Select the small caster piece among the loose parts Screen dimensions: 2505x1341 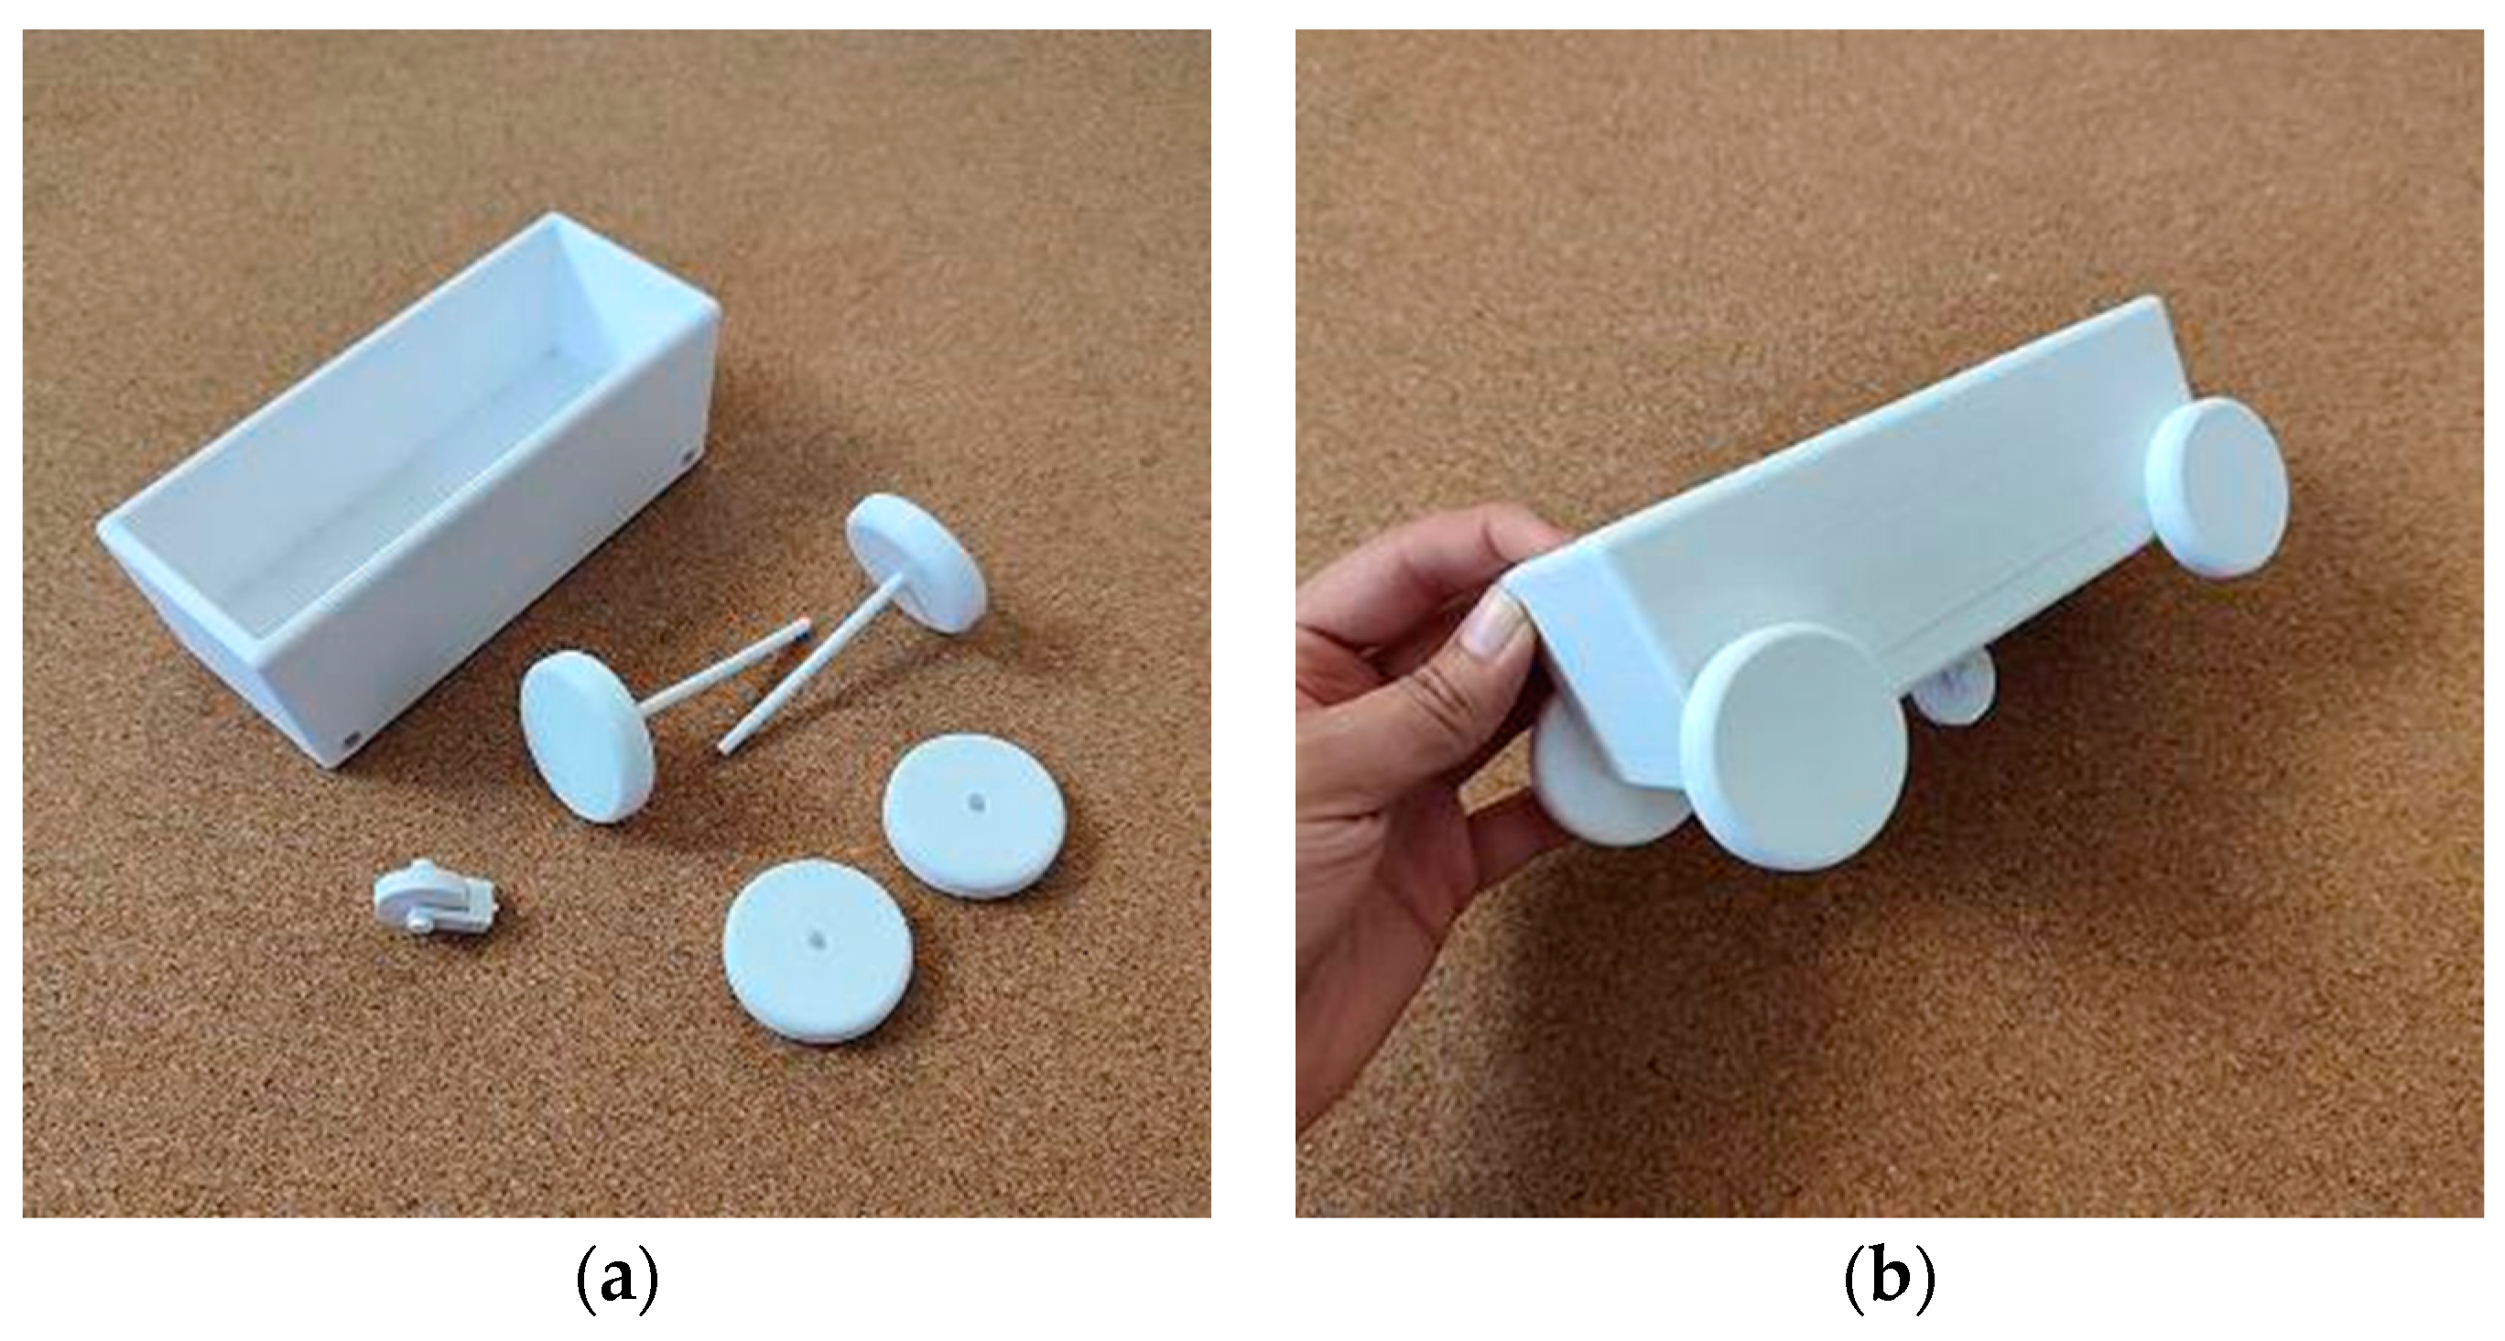tap(437, 896)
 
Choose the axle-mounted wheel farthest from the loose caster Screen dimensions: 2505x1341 tap(916, 565)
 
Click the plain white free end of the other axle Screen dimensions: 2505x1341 tap(723, 746)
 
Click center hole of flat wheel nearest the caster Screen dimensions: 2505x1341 tap(811, 940)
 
